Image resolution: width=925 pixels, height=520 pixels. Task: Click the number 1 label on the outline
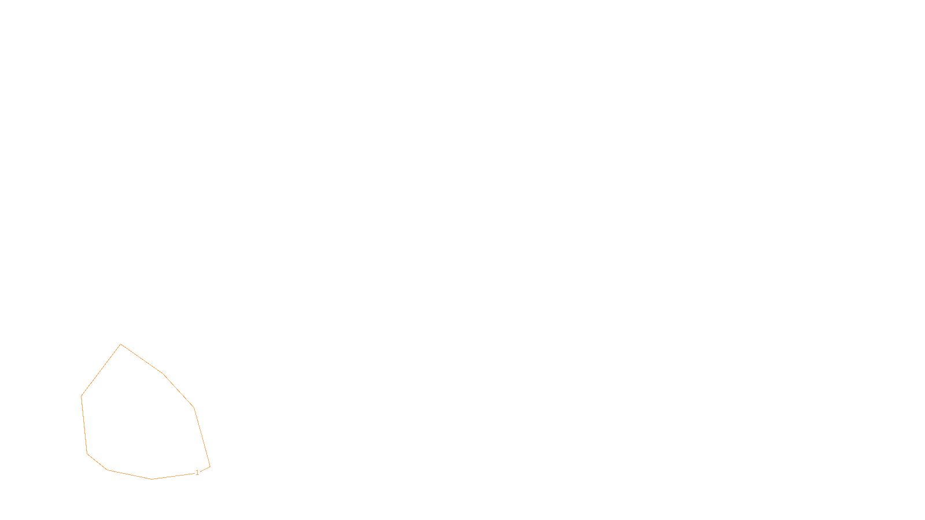coord(197,473)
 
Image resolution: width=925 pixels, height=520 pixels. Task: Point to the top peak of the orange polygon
coord(121,344)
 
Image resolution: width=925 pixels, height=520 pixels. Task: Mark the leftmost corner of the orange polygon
coord(82,396)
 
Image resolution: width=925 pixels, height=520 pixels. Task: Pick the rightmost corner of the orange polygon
coord(210,466)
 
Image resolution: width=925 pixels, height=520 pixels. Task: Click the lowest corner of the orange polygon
coord(152,479)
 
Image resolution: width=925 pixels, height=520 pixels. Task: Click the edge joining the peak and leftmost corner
coord(101,370)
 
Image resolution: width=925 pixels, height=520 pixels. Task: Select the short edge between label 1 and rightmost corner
coord(205,469)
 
